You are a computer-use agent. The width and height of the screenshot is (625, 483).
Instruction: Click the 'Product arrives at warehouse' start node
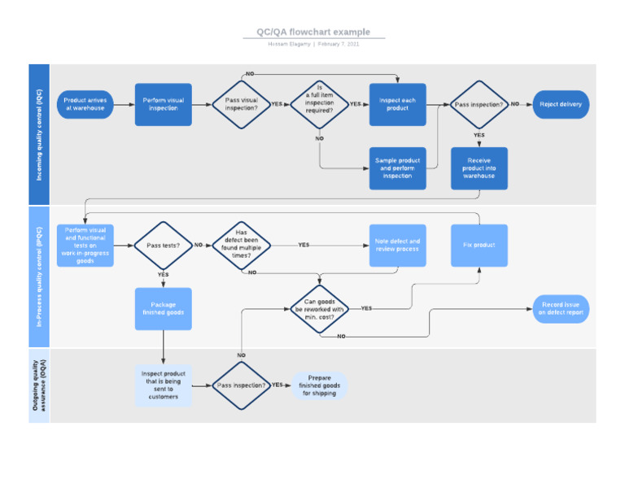pos(85,104)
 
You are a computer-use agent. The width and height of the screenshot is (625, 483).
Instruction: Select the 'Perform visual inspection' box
pos(164,104)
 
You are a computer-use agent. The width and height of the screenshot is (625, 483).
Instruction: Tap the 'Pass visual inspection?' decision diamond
pos(241,104)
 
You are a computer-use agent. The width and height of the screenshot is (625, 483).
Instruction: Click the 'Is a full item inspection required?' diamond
pos(319,104)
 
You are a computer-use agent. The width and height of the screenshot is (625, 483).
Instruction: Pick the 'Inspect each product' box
pos(397,104)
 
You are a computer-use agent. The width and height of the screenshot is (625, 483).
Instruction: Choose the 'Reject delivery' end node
pos(561,104)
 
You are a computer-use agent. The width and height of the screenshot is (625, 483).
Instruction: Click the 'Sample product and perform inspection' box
pos(397,168)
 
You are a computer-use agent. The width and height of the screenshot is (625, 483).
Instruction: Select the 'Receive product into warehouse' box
pos(479,168)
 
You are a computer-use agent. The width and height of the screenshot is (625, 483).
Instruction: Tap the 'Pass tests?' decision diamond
pos(163,245)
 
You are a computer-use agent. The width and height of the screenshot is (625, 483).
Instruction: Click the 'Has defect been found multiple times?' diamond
pos(241,245)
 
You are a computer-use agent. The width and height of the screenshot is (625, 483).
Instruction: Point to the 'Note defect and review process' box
pos(397,245)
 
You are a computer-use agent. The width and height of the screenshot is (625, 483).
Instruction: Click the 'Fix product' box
pos(479,245)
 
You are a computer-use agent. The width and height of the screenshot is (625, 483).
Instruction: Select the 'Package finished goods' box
pos(164,308)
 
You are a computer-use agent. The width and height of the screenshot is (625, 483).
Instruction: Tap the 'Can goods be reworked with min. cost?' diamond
pos(319,309)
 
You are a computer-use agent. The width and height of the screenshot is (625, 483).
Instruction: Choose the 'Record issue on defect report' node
pos(561,309)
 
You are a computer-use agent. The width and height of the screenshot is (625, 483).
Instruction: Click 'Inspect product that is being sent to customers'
pos(164,385)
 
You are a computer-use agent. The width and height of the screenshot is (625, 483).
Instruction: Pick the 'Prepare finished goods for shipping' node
pos(320,385)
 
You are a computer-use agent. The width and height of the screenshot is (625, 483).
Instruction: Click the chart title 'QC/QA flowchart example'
pos(313,32)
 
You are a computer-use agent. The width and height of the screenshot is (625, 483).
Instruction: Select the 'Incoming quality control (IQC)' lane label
pos(39,134)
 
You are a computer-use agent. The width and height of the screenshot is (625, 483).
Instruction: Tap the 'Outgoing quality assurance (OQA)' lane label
pos(39,385)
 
